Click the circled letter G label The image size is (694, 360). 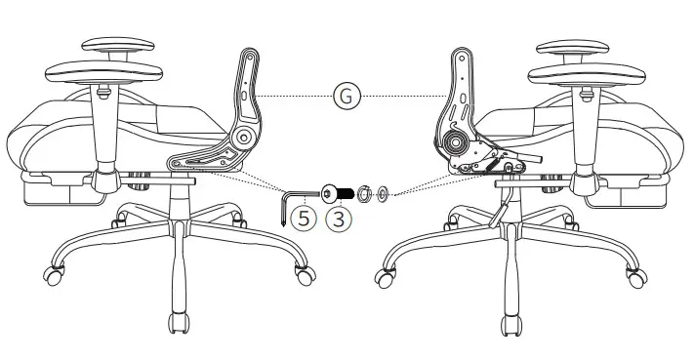346,95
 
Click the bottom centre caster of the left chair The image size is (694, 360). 178,323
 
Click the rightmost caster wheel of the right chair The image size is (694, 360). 639,275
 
